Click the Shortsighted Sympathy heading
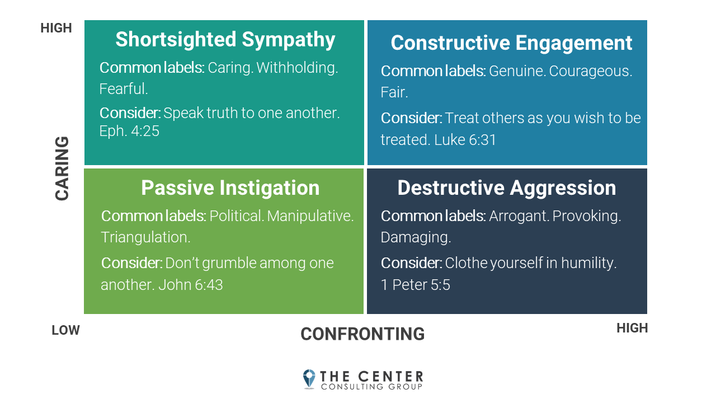click(225, 40)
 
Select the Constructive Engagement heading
click(511, 43)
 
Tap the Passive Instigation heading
click(230, 188)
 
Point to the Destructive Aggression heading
click(506, 188)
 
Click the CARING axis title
click(62, 168)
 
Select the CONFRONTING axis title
click(362, 334)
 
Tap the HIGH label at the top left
click(56, 28)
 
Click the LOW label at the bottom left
click(65, 330)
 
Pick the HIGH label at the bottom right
click(632, 328)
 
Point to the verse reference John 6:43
click(191, 285)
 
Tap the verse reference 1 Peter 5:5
click(416, 285)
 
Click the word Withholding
click(297, 68)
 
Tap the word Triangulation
click(145, 237)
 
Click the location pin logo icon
click(309, 378)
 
